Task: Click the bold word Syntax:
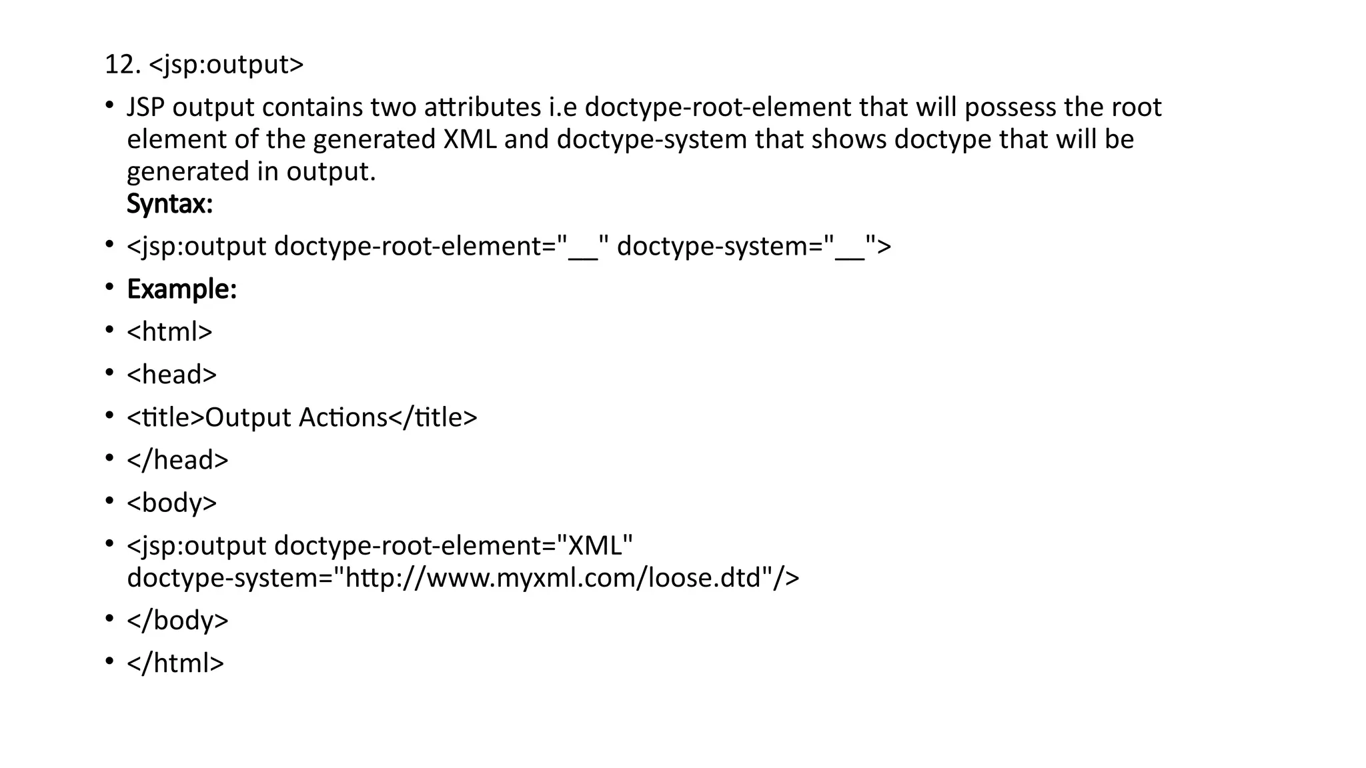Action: point(169,204)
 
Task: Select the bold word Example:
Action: point(181,289)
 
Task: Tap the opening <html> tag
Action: point(169,332)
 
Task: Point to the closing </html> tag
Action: point(175,663)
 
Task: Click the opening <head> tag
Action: point(171,375)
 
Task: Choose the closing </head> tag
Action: point(177,460)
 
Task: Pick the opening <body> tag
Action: point(171,503)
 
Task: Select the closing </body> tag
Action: point(177,621)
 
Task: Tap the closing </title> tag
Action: point(433,418)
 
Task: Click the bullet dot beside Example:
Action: point(109,287)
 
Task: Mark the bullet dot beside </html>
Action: point(109,661)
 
